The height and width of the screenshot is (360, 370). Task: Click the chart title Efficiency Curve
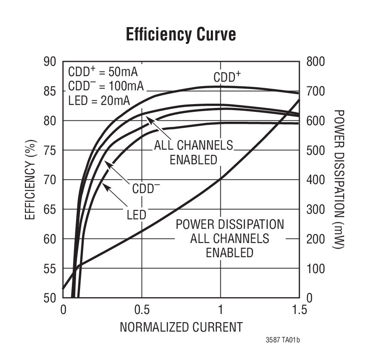[x=181, y=34]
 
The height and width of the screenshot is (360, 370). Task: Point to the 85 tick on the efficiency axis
[x=50, y=91]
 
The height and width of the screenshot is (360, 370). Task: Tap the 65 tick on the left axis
[x=50, y=209]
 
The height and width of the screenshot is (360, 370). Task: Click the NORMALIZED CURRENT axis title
[x=181, y=327]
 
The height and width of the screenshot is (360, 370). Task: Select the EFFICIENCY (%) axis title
[x=30, y=179]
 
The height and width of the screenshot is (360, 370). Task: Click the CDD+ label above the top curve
[x=227, y=77]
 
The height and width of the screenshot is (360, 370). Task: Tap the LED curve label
[x=136, y=215]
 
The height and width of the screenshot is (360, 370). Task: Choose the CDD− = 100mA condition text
[x=106, y=86]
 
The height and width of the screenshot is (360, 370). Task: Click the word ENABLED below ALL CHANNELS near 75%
[x=193, y=160]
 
